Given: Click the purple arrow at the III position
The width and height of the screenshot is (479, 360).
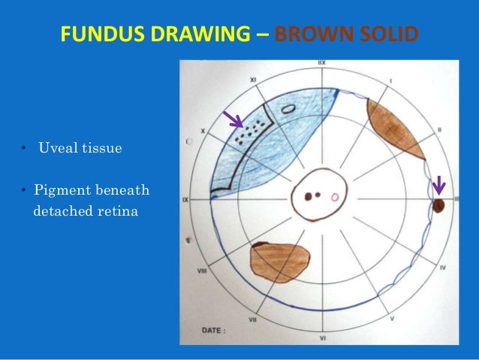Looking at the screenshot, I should coord(439,183).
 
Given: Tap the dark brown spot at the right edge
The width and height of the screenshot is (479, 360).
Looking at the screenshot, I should coord(440,205).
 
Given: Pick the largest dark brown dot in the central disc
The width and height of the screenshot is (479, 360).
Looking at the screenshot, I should coord(309,197).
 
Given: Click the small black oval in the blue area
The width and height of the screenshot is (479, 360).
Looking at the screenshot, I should coord(287,107).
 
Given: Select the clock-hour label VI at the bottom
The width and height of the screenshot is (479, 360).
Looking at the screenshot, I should coord(322,339).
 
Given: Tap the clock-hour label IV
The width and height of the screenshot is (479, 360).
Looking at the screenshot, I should coord(443,267).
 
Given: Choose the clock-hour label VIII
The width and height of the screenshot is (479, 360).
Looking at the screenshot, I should coord(202,268).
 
